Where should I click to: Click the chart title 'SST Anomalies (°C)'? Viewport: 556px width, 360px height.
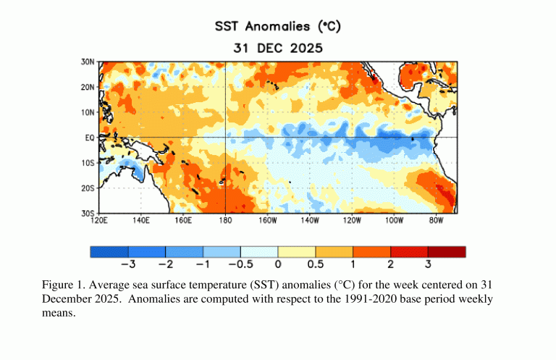point(277,27)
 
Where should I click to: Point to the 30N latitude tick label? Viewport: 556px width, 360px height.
point(87,62)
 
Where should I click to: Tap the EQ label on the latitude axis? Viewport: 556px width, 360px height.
point(89,137)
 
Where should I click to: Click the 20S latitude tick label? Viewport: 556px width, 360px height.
point(87,188)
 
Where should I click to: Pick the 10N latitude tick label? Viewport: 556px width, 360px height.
point(87,112)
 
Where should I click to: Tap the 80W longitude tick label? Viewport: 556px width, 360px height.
point(436,220)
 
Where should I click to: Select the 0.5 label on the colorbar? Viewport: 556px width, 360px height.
point(315,264)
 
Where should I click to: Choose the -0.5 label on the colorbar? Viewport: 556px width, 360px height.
point(237,264)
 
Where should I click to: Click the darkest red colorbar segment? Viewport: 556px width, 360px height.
point(447,252)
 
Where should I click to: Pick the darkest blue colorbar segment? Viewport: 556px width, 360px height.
point(109,252)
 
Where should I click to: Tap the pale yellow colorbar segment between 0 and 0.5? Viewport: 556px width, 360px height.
point(296,252)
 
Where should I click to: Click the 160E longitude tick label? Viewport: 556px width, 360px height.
point(183,220)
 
